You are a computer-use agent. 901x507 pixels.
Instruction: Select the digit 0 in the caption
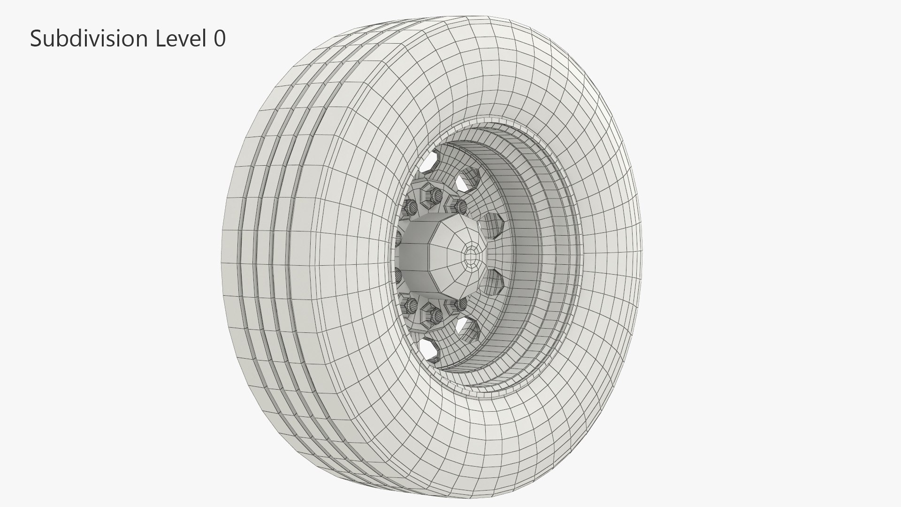pyautogui.click(x=220, y=38)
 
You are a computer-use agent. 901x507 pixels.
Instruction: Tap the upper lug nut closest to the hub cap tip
pyautogui.click(x=460, y=205)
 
